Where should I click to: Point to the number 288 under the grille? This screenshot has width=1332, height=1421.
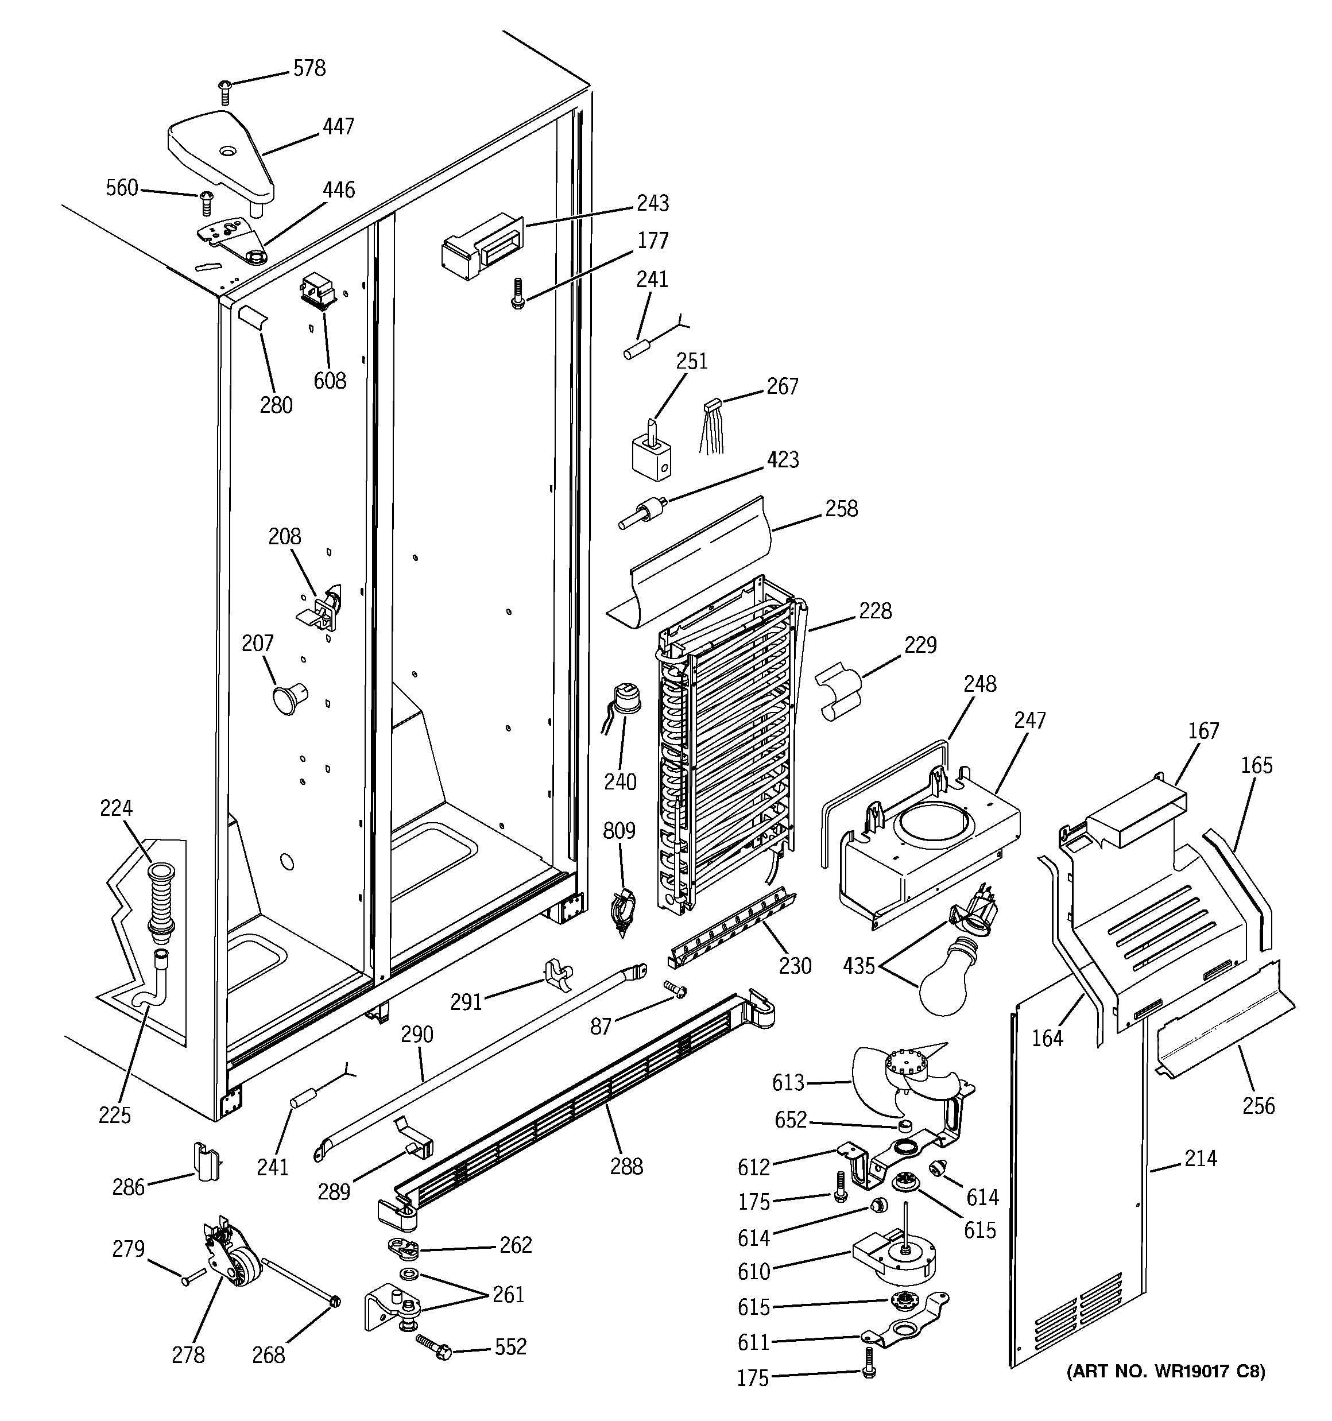coord(626,1167)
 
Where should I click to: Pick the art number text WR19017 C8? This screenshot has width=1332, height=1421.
coord(1165,1371)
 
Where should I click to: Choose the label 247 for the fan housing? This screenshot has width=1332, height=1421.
coord(1029,720)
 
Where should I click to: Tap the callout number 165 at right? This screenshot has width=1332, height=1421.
coord(1256,765)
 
